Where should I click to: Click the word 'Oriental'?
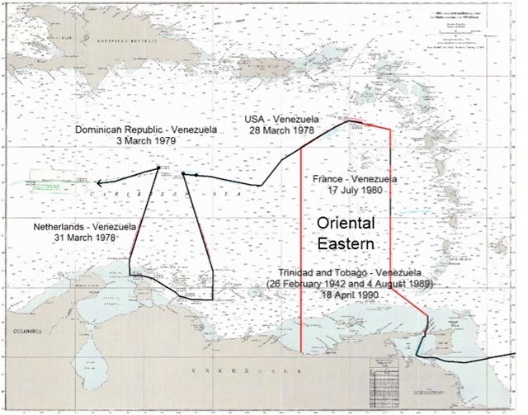[347, 224]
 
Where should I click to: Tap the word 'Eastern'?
[347, 244]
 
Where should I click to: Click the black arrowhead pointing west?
[98, 184]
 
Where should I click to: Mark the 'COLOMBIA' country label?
[18, 333]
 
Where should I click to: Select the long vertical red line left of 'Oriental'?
[301, 248]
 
